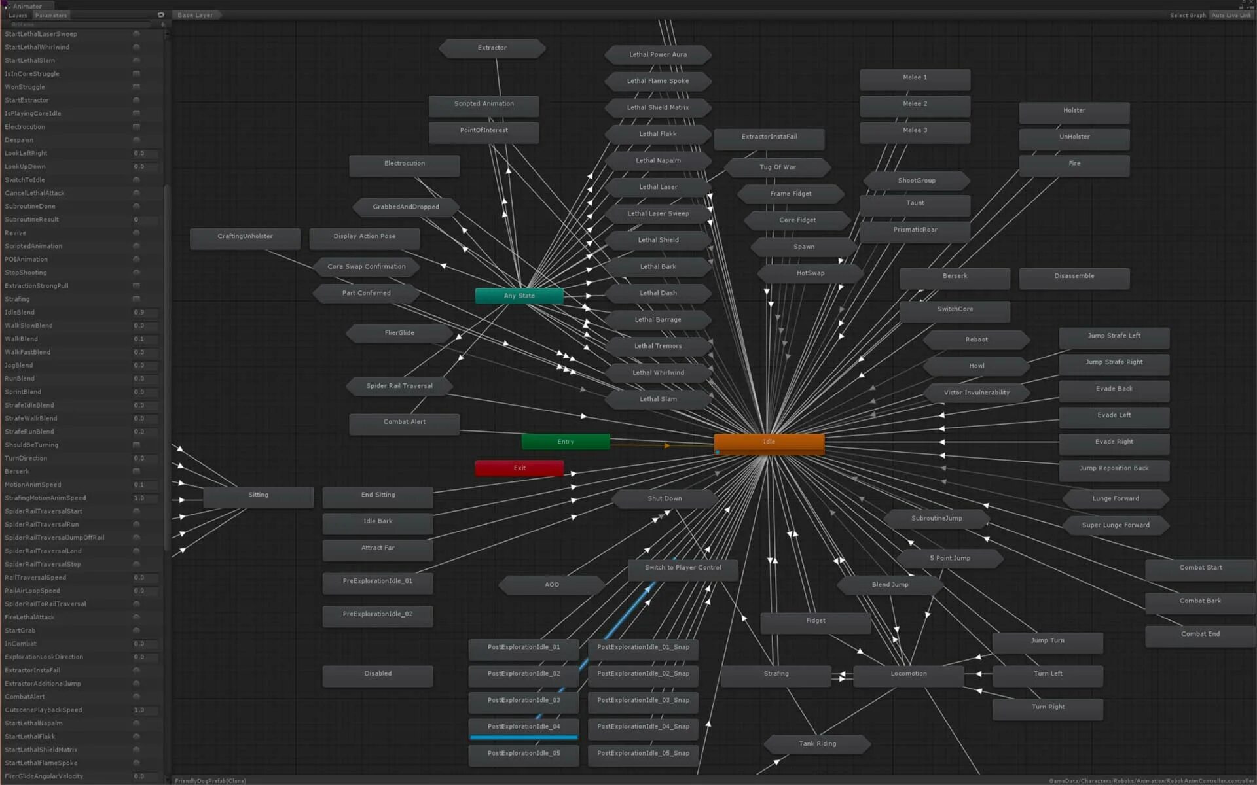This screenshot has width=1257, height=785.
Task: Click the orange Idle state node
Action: click(769, 442)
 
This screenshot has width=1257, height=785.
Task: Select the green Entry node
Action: click(565, 442)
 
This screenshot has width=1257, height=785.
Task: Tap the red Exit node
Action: click(519, 468)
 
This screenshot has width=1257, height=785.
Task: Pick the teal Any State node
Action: click(519, 296)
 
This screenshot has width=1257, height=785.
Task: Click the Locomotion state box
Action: click(908, 674)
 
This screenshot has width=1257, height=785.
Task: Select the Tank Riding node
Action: click(817, 744)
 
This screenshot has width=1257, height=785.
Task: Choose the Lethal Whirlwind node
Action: click(658, 373)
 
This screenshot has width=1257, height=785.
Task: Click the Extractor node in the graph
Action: click(492, 48)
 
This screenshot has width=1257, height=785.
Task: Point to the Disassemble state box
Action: click(1074, 276)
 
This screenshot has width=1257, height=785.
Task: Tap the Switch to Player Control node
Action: click(683, 568)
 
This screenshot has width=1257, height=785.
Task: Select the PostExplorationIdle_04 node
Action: click(523, 727)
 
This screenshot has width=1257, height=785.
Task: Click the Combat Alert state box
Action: click(404, 422)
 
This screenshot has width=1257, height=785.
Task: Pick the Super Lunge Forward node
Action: click(1115, 525)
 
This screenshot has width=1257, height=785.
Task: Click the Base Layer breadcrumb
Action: click(195, 15)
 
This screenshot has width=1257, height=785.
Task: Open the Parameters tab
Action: click(51, 15)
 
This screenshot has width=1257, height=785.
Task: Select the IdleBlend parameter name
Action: click(20, 313)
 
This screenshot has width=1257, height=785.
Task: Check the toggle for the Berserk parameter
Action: click(136, 472)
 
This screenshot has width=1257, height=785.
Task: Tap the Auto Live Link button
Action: click(1231, 15)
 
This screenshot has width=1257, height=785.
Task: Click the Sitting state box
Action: click(258, 495)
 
